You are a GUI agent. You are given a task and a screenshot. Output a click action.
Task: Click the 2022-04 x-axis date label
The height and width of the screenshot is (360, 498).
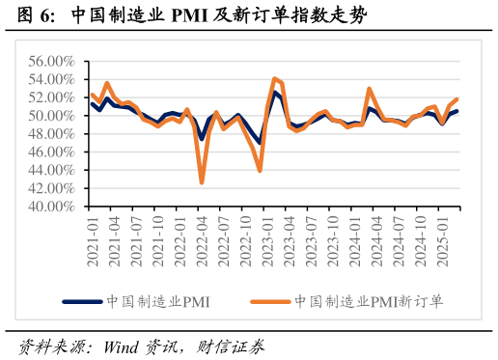click(202, 237)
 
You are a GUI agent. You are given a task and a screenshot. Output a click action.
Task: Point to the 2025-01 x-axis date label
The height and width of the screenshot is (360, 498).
click(446, 237)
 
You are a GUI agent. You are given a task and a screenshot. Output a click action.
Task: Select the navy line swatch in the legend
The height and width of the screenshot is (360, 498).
click(83, 302)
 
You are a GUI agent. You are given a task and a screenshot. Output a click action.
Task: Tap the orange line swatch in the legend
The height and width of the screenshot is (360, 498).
click(270, 302)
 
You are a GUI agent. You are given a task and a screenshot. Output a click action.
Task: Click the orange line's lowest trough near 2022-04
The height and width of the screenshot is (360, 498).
click(202, 182)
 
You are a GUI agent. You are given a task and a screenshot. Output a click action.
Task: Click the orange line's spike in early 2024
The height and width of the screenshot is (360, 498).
click(370, 89)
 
